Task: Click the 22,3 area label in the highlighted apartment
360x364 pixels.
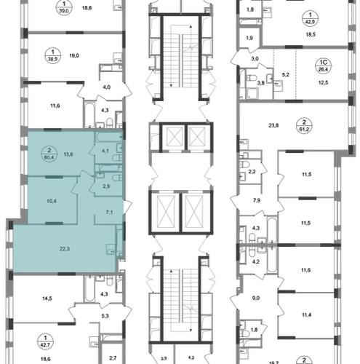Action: point(65,249)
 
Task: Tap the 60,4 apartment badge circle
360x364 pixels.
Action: point(49,154)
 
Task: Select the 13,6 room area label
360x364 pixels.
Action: point(68,154)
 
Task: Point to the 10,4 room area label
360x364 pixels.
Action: point(52,201)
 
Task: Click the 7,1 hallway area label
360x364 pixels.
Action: point(109,213)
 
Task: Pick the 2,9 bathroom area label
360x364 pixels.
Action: point(106,186)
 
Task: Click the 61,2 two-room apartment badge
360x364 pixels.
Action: point(304,126)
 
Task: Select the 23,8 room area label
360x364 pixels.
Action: point(273,126)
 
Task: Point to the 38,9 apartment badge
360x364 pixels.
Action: point(53,55)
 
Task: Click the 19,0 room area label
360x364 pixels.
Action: point(74,56)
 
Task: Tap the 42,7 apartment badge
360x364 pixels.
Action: point(45,341)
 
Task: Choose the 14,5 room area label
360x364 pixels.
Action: point(47,298)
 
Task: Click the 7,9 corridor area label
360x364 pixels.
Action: point(257,200)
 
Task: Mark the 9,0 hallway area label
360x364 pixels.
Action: point(256,298)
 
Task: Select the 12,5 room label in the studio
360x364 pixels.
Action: point(323,83)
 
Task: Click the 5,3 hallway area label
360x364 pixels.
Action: point(105,316)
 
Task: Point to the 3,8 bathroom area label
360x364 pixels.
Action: point(261,83)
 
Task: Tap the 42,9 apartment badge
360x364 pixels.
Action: point(311,18)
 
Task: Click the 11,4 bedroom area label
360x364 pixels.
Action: point(307,315)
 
